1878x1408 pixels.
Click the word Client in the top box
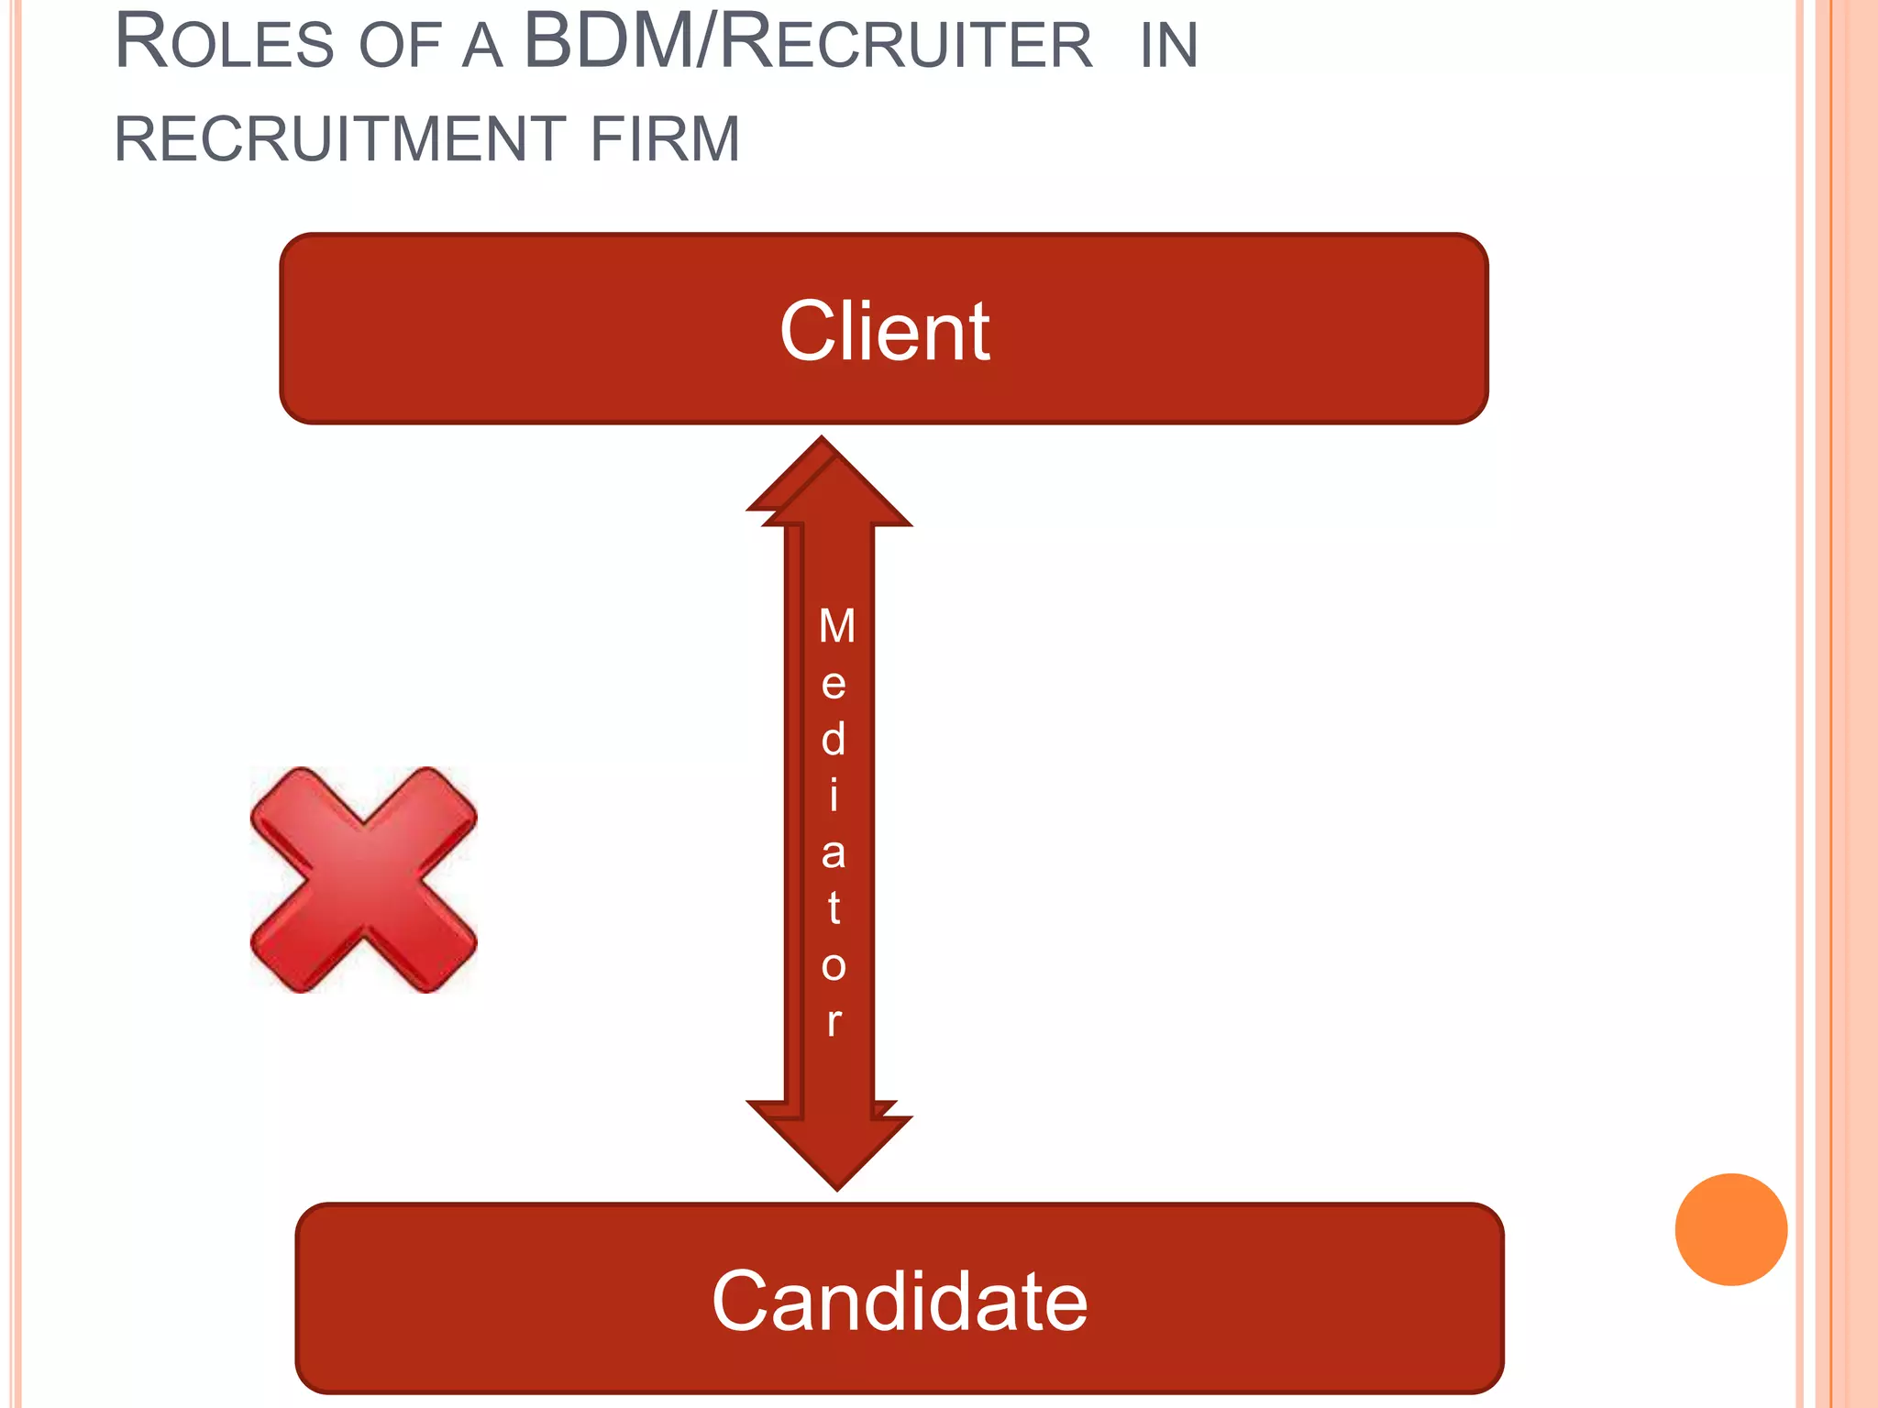(884, 332)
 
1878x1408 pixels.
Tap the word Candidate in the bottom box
(900, 1301)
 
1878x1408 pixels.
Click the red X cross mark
(364, 880)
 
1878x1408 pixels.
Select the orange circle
(1730, 1229)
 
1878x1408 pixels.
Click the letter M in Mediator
(836, 627)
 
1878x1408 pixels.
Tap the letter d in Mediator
(834, 739)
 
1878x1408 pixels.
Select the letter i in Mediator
(834, 796)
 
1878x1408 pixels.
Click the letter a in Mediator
(834, 852)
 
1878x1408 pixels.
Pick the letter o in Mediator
(834, 966)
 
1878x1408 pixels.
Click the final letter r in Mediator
(834, 1021)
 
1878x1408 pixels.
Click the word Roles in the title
(225, 43)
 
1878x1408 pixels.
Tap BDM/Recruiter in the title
(808, 43)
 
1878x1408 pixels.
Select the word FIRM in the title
(665, 139)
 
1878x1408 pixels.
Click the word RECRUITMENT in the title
(338, 139)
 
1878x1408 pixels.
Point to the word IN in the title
(1169, 46)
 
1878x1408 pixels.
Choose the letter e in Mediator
(834, 684)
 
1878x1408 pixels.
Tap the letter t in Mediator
(834, 908)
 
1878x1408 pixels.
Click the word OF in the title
(401, 46)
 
